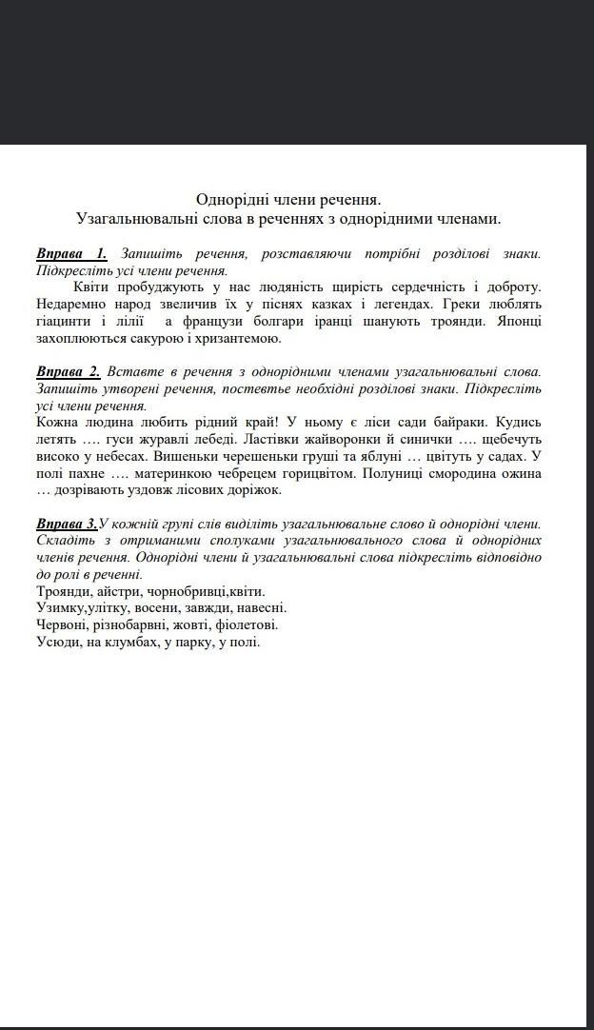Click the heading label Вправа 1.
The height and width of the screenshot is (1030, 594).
(x=71, y=253)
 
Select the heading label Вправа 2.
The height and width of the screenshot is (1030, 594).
(x=68, y=371)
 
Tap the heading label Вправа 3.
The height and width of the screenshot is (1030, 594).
(x=67, y=524)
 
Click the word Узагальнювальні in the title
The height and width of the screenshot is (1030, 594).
(x=133, y=219)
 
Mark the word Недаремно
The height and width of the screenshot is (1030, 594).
(x=75, y=304)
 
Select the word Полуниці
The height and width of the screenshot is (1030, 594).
(x=383, y=473)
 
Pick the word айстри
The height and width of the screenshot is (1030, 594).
(x=109, y=591)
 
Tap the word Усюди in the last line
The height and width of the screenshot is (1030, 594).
(x=60, y=643)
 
